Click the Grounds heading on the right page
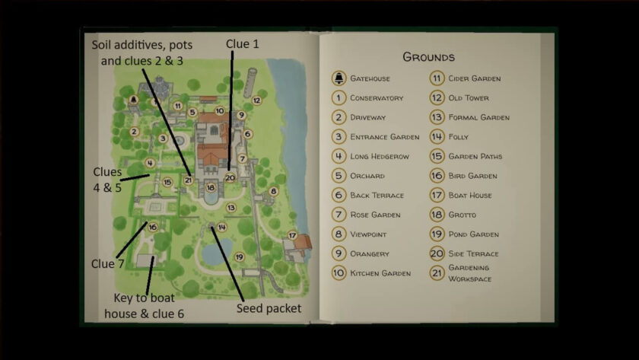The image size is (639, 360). coord(428,57)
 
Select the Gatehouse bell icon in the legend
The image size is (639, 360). coord(339,78)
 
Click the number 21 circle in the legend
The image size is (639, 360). coord(437,272)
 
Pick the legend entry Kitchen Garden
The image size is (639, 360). coord(380,273)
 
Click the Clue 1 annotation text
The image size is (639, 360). coord(243,44)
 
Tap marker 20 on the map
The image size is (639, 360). coord(230,177)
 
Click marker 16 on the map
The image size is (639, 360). coord(153,226)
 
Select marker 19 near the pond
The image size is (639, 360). coord(239,256)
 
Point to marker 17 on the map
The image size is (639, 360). coord(292,235)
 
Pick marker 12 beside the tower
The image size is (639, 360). coord(257,100)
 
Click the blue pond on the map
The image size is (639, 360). coord(214,254)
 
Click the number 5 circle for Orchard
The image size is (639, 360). coord(339,176)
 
